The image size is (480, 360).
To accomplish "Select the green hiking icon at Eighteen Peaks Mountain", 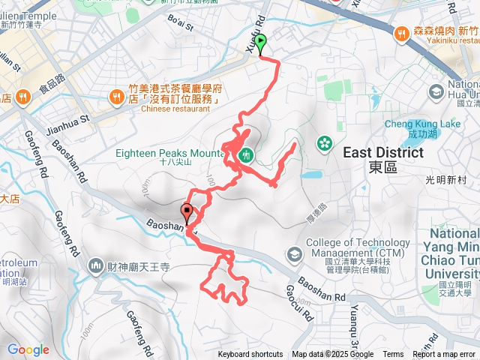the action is (x=245, y=155).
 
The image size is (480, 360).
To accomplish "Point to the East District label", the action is (x=382, y=153).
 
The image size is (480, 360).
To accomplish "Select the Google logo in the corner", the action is (x=28, y=349).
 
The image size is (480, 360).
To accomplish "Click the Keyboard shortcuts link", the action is (x=250, y=355).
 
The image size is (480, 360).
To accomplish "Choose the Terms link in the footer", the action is (x=393, y=355).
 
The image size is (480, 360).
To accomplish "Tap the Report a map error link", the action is (x=443, y=355).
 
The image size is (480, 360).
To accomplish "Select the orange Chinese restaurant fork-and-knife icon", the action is (x=117, y=96).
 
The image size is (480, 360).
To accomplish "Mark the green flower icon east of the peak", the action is (x=324, y=142).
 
